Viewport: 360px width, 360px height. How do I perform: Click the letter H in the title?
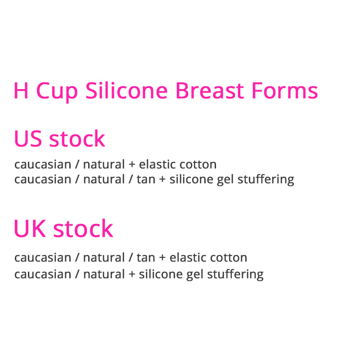[21, 91]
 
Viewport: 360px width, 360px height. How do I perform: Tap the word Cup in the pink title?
[57, 92]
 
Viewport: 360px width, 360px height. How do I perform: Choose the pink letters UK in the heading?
[30, 229]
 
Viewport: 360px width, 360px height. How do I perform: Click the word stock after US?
[77, 139]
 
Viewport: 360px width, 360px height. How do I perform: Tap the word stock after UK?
[83, 229]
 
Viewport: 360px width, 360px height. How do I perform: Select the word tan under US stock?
[145, 180]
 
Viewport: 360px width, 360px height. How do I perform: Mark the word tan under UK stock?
[145, 258]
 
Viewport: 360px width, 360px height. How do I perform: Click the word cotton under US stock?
[197, 164]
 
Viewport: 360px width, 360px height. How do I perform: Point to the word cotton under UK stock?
[228, 258]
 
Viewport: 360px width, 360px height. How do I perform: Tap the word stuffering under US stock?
[266, 180]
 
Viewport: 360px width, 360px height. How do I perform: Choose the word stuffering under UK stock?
[235, 274]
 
